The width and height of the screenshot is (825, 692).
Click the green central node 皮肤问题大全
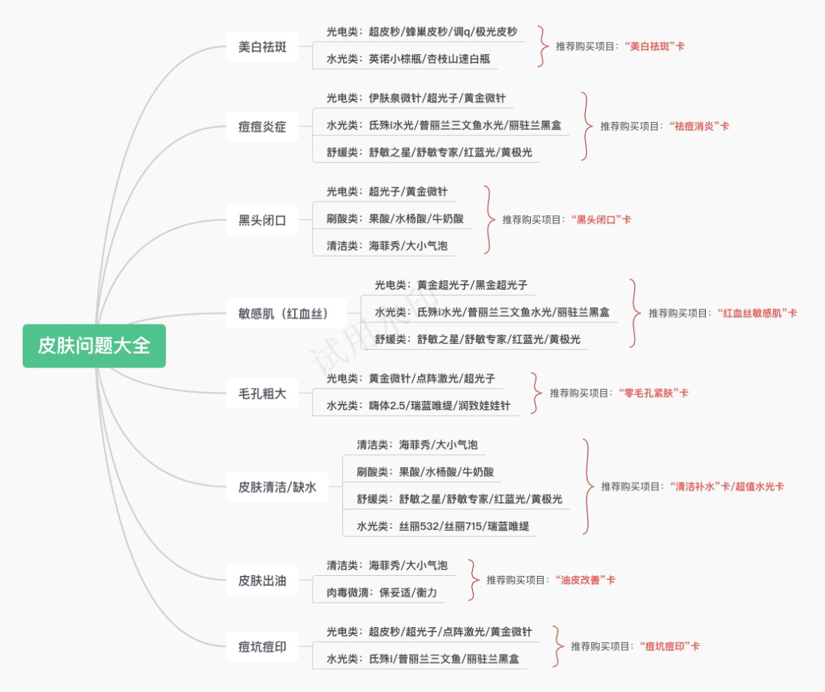pyautogui.click(x=94, y=346)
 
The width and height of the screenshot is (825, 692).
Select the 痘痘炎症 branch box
pyautogui.click(x=262, y=127)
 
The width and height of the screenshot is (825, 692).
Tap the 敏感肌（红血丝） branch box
pyautogui.click(x=286, y=313)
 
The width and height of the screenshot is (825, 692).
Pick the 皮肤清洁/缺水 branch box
pyautogui.click(x=277, y=487)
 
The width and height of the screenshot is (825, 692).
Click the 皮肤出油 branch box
pyautogui.click(x=262, y=580)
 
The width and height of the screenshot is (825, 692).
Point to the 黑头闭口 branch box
pyautogui.click(x=262, y=221)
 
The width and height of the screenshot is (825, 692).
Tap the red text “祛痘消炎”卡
pyautogui.click(x=698, y=126)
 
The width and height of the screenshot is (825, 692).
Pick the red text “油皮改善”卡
pyautogui.click(x=584, y=580)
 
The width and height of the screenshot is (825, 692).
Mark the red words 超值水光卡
pyautogui.click(x=760, y=486)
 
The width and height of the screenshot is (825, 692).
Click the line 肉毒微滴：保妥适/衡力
pyautogui.click(x=382, y=593)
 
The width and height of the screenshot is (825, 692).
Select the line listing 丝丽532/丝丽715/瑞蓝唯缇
pyautogui.click(x=443, y=526)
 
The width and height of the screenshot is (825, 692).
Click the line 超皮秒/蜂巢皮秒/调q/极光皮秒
pyautogui.click(x=422, y=32)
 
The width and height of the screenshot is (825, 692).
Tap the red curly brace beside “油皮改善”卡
pyautogui.click(x=474, y=580)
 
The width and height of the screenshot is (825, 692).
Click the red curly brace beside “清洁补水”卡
pyautogui.click(x=587, y=486)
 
